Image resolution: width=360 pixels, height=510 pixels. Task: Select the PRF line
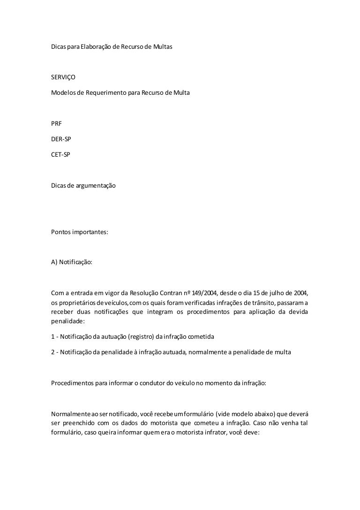coord(56,124)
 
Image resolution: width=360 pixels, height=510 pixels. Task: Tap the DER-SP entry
coord(61,139)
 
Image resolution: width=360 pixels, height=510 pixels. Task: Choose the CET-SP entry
coord(61,154)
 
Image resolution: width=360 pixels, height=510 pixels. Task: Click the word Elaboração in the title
coord(97,47)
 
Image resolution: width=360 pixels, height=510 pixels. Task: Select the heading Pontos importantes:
coord(79,232)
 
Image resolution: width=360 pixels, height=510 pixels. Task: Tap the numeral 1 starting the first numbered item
coord(52,336)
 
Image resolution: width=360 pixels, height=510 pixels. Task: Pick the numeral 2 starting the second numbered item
coord(52,351)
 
